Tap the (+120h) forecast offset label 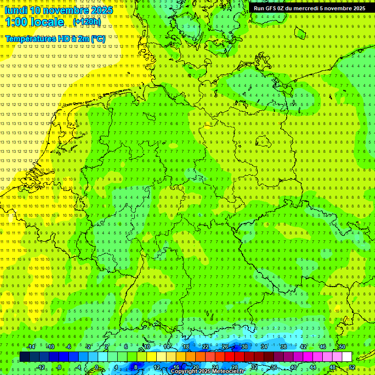pos(87,22)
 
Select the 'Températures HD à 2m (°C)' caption pos(55,38)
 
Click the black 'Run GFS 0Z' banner pos(310,8)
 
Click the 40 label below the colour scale pos(293,367)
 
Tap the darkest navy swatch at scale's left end pos(24,357)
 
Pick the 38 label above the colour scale pos(284,347)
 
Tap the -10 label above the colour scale pos(50,347)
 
